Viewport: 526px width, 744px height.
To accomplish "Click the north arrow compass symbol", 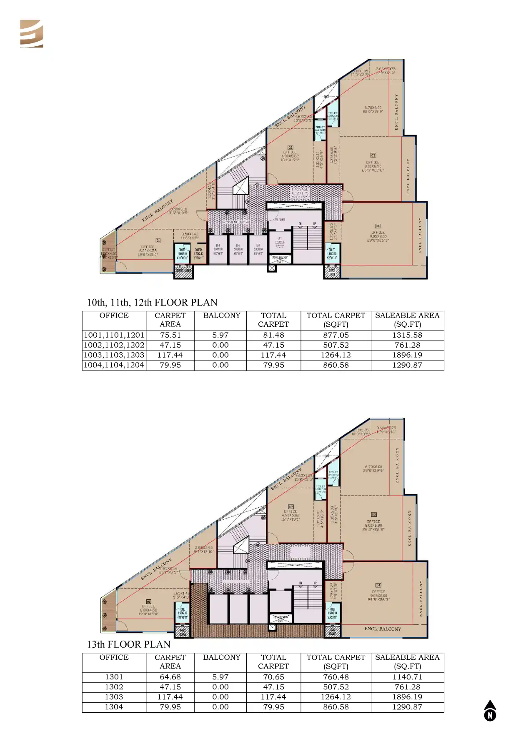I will [x=490, y=711].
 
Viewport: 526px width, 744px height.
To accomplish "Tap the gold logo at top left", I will [x=32, y=34].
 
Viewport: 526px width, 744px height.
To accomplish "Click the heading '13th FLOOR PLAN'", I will [x=128, y=644].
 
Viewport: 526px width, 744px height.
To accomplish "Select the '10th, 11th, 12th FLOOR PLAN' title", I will [x=152, y=303].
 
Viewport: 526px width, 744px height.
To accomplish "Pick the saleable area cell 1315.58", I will [x=407, y=335].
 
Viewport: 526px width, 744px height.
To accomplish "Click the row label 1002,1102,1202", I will [x=114, y=345].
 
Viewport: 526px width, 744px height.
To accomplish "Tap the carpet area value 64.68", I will [x=170, y=677].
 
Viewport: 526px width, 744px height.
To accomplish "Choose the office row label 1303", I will [x=114, y=697].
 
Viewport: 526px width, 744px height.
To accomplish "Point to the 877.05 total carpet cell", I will [x=336, y=335].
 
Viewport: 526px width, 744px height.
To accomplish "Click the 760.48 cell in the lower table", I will [x=336, y=677].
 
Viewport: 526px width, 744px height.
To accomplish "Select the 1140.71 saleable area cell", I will [x=407, y=677].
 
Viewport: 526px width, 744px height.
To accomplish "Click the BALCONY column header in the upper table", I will [x=221, y=316].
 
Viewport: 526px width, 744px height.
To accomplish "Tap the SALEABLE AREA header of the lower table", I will [x=407, y=661].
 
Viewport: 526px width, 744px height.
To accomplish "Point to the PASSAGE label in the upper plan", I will [x=300, y=189].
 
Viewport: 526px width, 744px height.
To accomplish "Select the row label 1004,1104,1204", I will [x=114, y=365].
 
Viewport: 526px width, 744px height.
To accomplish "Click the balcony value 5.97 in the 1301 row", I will [x=220, y=677].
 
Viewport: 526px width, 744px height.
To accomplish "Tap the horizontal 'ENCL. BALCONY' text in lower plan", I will [x=383, y=629].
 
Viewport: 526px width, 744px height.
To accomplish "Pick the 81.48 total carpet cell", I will [x=273, y=335].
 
